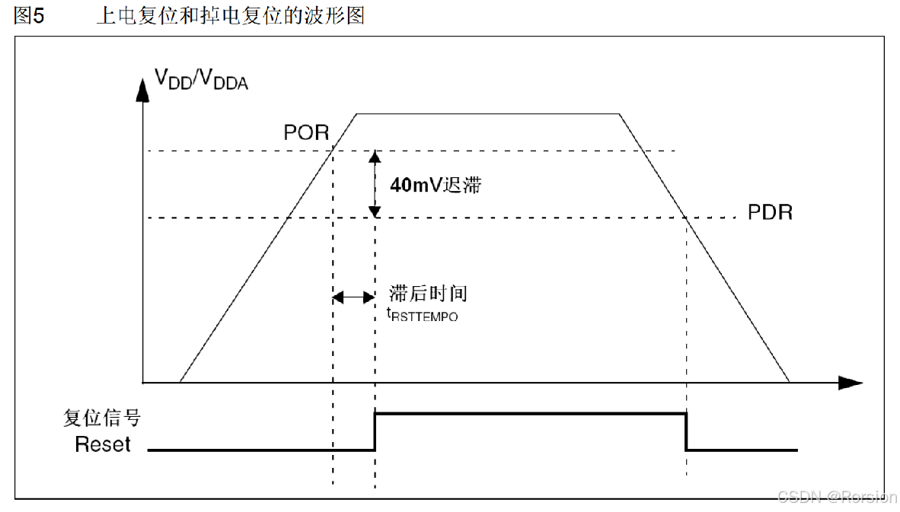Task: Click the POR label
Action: [306, 132]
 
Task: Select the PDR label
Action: [770, 212]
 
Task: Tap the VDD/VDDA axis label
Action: [202, 78]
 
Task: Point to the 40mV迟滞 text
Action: [436, 185]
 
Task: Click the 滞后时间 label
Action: [427, 294]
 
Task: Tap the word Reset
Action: [103, 445]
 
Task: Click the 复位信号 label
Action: [102, 418]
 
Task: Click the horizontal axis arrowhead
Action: [851, 382]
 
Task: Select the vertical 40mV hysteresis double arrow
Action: [375, 185]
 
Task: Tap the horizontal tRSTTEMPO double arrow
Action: [353, 297]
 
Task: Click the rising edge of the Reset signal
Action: [375, 431]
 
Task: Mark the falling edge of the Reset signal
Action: [687, 431]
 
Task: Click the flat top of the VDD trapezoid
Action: [487, 114]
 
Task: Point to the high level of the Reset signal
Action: [531, 413]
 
